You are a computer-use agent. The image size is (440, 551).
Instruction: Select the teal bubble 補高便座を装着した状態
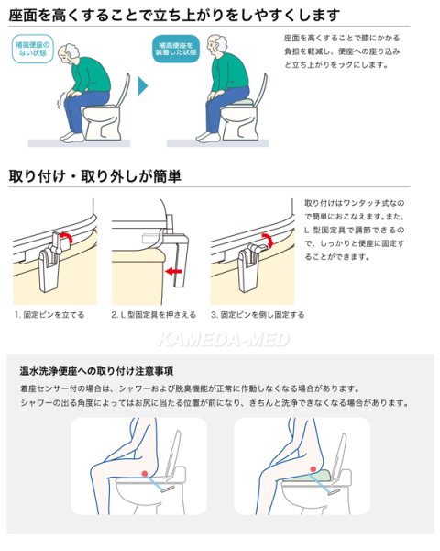176,49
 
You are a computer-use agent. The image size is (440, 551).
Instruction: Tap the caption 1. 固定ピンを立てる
49,314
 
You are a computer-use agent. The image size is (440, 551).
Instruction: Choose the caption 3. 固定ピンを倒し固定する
258,314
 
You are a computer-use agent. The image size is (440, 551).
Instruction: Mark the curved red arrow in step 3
266,241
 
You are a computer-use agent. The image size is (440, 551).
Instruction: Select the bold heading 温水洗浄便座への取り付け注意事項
98,372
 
